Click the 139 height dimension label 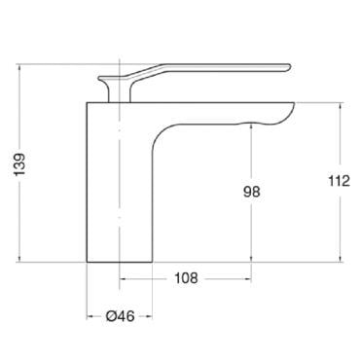(x=19, y=164)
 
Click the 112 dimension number (x=340, y=181)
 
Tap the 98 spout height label (x=252, y=192)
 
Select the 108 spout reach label (x=186, y=278)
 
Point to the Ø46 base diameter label (x=120, y=316)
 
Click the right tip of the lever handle (x=289, y=67)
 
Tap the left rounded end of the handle (x=100, y=78)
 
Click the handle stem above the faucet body (x=119, y=92)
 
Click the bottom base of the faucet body (x=119, y=262)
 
